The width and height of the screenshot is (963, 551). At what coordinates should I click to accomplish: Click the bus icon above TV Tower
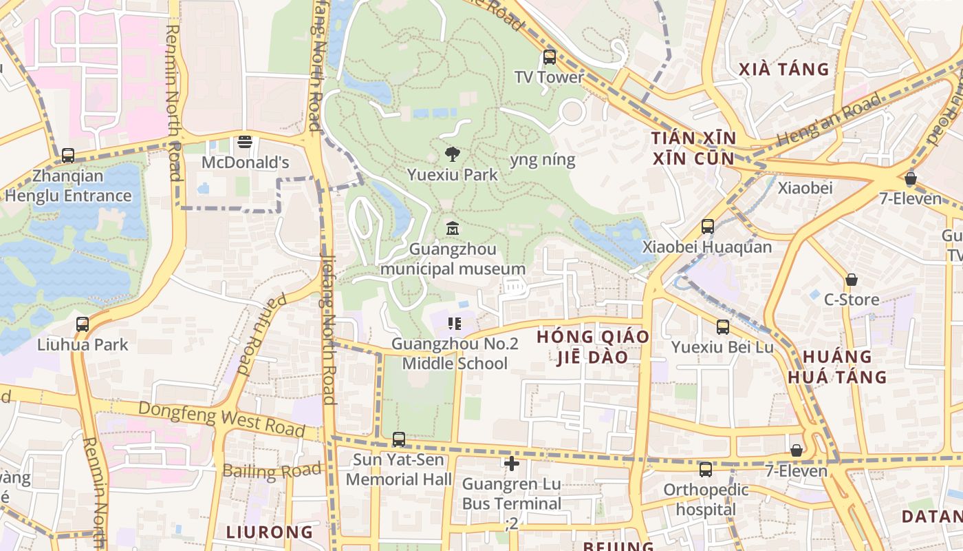coord(549,56)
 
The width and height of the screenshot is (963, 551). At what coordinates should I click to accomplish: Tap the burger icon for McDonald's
coord(245,143)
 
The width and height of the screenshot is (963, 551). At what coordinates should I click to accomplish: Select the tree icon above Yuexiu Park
coord(452,154)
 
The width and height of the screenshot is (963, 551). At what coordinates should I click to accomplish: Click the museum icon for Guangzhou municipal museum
coord(452,228)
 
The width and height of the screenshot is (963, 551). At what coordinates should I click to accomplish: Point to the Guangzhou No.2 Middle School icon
coord(454,323)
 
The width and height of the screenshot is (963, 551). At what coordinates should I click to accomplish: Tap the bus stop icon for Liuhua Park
coord(83,324)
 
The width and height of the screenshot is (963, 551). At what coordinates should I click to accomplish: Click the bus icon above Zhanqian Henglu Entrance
coord(67,156)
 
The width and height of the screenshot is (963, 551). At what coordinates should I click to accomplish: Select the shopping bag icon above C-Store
coord(852,280)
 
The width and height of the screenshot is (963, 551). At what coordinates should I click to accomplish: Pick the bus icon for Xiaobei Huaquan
coord(707,226)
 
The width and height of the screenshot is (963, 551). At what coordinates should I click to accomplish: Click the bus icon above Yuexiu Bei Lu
coord(722,327)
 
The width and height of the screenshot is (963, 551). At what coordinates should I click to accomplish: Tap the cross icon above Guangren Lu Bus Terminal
coord(511,464)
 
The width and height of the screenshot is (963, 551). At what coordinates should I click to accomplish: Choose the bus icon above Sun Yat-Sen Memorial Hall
coord(398,439)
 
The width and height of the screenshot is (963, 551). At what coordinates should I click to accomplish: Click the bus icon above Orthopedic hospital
coord(705,470)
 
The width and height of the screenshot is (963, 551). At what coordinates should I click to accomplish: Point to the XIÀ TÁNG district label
coord(784,69)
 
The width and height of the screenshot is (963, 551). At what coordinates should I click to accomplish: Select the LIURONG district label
coord(270,532)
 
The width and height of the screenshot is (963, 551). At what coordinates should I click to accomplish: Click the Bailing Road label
coord(272,472)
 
